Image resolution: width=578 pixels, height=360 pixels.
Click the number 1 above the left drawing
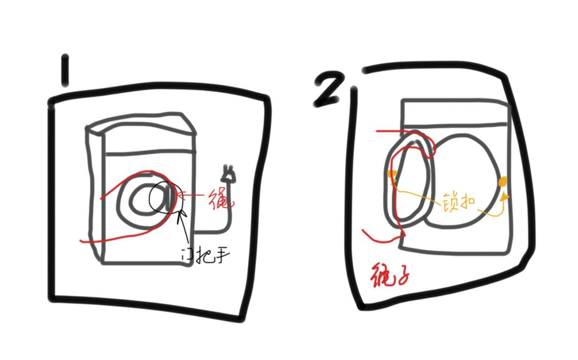(65, 70)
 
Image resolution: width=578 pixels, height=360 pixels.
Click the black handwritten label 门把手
(205, 255)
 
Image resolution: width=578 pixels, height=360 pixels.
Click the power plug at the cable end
(228, 174)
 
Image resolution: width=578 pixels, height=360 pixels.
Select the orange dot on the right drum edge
(502, 182)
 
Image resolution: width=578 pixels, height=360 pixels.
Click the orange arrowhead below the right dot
(504, 197)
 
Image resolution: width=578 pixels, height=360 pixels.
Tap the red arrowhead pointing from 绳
(180, 196)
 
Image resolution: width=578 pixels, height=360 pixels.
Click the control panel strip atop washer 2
(455, 113)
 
